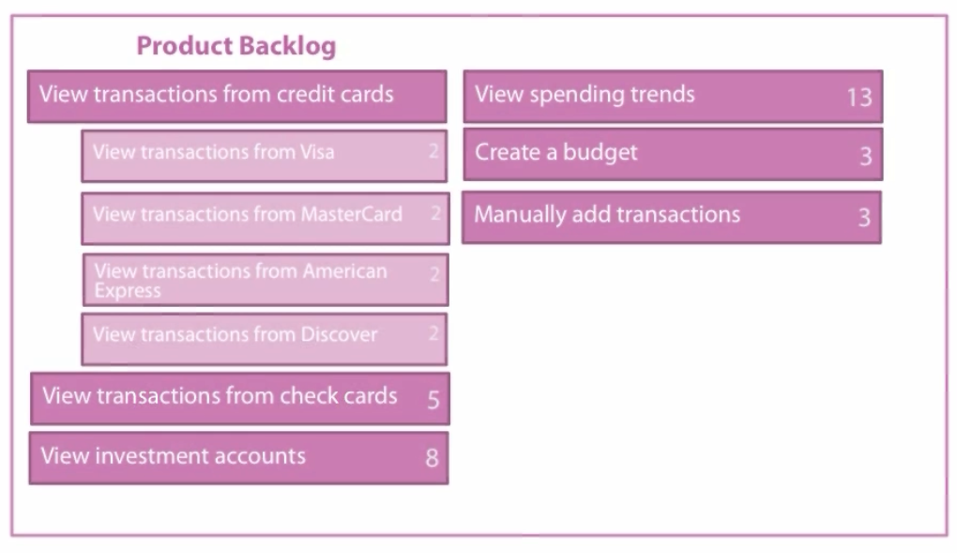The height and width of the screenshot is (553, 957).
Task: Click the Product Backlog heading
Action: pyautogui.click(x=236, y=46)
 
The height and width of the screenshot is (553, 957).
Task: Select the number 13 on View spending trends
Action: pyautogui.click(x=859, y=97)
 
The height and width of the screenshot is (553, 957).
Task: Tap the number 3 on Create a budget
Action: pyautogui.click(x=865, y=157)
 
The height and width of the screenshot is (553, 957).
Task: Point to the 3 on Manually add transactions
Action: pyautogui.click(x=864, y=218)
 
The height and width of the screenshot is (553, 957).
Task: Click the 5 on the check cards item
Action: pyautogui.click(x=433, y=400)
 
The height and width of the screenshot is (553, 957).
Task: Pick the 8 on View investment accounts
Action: pyautogui.click(x=433, y=457)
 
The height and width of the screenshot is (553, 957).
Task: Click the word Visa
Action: pyautogui.click(x=317, y=151)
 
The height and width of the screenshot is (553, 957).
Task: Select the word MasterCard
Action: pyautogui.click(x=352, y=214)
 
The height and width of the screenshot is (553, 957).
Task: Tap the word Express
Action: pyautogui.click(x=128, y=291)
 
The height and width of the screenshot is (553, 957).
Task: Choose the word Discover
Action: pyautogui.click(x=339, y=334)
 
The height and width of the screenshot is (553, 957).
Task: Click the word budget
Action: pyautogui.click(x=600, y=152)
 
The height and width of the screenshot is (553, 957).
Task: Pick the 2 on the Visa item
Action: pyautogui.click(x=434, y=151)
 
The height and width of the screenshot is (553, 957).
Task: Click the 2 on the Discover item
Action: pyautogui.click(x=434, y=333)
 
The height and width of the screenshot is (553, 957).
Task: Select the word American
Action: pyautogui.click(x=345, y=270)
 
